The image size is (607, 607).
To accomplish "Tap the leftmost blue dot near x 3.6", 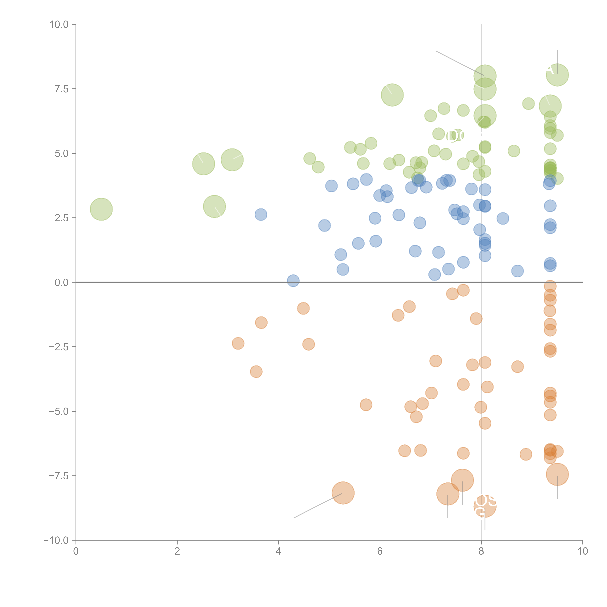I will [261, 215].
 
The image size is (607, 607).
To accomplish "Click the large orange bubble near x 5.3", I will [343, 493].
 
